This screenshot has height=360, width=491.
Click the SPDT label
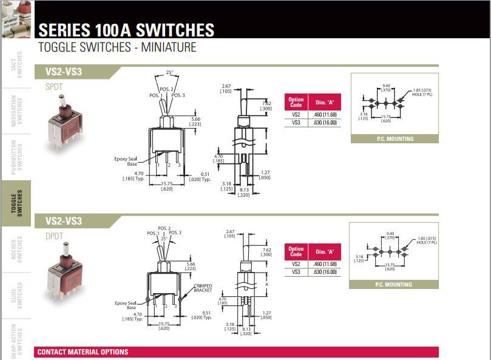[x=54, y=87]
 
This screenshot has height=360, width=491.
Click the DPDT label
[x=54, y=236]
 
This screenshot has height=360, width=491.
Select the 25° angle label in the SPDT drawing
[x=169, y=72]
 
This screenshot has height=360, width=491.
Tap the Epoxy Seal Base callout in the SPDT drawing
[x=126, y=161]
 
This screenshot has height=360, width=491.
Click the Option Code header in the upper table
[x=296, y=102]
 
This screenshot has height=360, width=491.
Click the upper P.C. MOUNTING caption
[x=394, y=139]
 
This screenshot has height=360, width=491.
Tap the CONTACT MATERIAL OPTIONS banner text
[x=83, y=352]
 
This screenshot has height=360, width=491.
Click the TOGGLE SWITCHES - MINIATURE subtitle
[x=117, y=47]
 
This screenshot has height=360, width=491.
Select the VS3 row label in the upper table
[x=296, y=123]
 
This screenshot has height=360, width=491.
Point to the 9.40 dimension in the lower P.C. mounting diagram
[x=390, y=234]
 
